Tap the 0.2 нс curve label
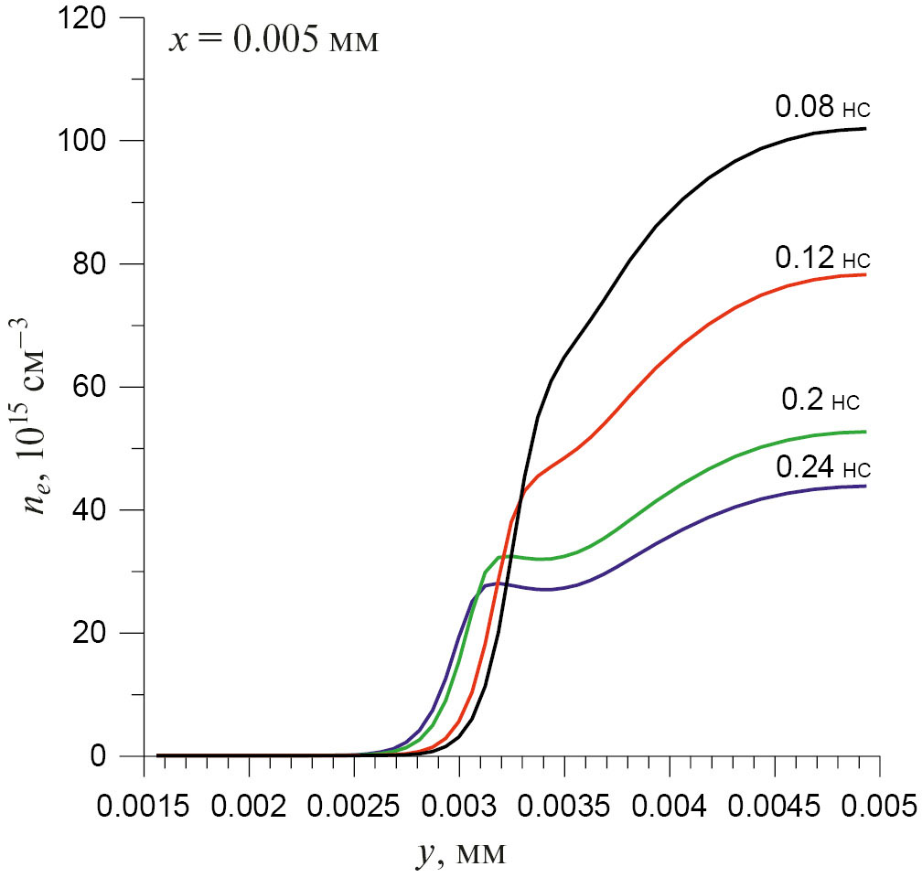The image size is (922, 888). coord(820,400)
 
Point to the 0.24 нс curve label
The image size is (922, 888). coord(820,468)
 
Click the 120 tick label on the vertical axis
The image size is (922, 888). coord(102,18)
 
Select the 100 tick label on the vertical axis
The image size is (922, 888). coord(102,141)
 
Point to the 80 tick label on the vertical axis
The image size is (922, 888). coord(112,264)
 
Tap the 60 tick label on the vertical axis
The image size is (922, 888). coord(112,388)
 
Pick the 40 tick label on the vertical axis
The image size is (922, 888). coord(112,510)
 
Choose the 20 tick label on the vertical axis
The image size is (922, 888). coord(112,633)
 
